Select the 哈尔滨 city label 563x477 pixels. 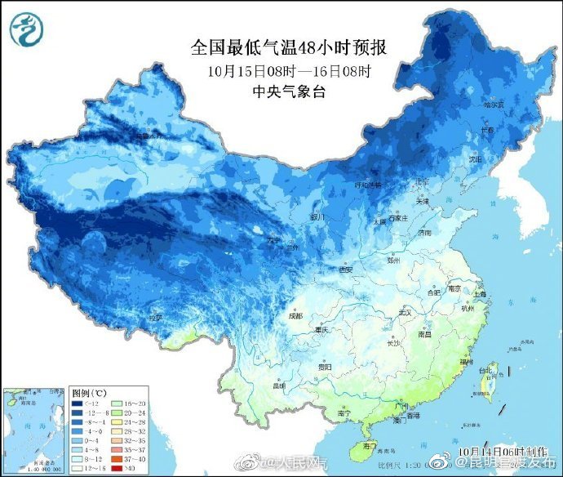click(x=494, y=105)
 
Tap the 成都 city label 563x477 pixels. click(x=294, y=315)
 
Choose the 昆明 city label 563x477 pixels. click(x=279, y=385)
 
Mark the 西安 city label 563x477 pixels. click(x=347, y=270)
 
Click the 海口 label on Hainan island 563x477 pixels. click(x=370, y=445)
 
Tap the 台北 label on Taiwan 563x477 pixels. click(x=486, y=369)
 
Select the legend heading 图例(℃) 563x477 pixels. click(x=89, y=391)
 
